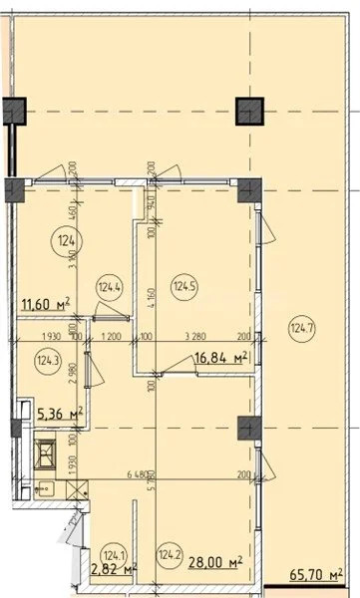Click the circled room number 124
[67, 240]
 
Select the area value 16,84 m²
[219, 358]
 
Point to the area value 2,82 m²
[113, 570]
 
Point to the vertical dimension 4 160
[151, 296]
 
